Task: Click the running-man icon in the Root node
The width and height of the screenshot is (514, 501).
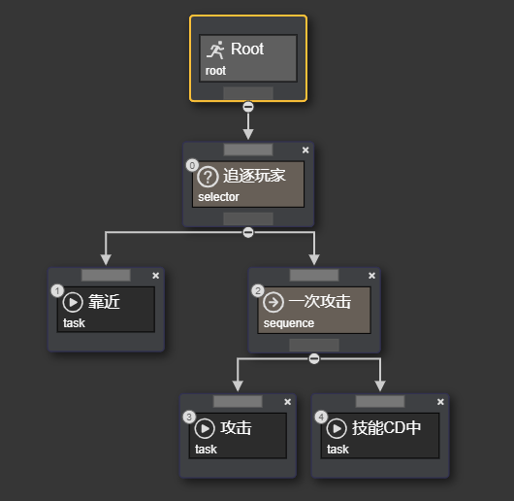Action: (x=216, y=50)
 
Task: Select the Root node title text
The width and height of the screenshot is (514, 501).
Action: (x=247, y=50)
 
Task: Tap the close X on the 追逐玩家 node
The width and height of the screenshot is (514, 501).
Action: (x=305, y=150)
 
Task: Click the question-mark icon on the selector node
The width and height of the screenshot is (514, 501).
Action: (x=208, y=177)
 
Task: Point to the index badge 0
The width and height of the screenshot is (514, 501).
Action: (x=191, y=165)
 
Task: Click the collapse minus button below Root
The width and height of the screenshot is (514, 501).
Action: (x=248, y=106)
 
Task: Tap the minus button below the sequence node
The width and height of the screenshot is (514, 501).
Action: (x=313, y=358)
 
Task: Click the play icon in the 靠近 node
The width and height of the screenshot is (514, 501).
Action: (x=73, y=302)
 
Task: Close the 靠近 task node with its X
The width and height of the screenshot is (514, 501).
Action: (x=155, y=276)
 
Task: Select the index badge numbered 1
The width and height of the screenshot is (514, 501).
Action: (x=57, y=290)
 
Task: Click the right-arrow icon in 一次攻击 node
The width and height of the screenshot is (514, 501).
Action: (x=273, y=302)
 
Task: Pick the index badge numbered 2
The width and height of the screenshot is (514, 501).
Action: (x=257, y=290)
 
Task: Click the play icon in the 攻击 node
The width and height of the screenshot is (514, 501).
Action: (x=205, y=427)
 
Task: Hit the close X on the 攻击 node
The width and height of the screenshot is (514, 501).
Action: (x=287, y=402)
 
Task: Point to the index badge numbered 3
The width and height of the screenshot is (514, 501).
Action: (x=189, y=417)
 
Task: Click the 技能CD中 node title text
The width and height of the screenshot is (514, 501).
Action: (x=386, y=427)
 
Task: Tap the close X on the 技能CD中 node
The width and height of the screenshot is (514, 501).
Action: (x=440, y=402)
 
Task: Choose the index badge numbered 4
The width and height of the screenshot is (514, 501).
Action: (x=322, y=417)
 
